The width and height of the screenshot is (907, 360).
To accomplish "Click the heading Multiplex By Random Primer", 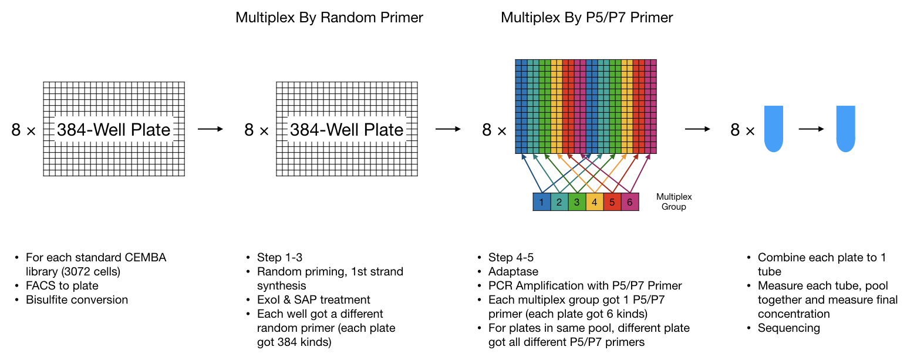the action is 329,18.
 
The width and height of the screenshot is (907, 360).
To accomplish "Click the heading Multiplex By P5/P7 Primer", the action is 586,18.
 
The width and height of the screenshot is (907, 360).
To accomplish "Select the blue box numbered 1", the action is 542,202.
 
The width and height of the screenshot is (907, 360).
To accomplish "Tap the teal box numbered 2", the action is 559,202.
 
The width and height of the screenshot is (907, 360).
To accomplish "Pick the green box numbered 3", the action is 577,202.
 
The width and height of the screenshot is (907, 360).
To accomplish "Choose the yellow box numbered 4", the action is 595,202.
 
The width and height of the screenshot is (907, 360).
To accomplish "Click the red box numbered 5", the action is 612,202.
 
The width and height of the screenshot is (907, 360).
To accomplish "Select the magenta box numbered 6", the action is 630,202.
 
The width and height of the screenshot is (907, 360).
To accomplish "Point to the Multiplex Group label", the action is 674,201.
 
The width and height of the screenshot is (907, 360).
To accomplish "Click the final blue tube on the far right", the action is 845,129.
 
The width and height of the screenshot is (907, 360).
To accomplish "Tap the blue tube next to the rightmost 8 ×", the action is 773,129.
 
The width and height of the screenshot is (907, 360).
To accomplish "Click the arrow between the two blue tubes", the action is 811,129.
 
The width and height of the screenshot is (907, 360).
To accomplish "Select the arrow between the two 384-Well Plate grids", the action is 210,129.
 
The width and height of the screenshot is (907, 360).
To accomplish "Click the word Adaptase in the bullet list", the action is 513,272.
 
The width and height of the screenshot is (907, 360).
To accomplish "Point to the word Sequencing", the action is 789,328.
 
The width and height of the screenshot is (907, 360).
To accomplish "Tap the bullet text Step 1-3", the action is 279,258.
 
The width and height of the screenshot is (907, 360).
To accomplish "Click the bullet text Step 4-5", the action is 511,258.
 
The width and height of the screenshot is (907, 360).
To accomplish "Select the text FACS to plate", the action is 62,286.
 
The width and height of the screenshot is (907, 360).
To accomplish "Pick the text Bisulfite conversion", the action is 77,300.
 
